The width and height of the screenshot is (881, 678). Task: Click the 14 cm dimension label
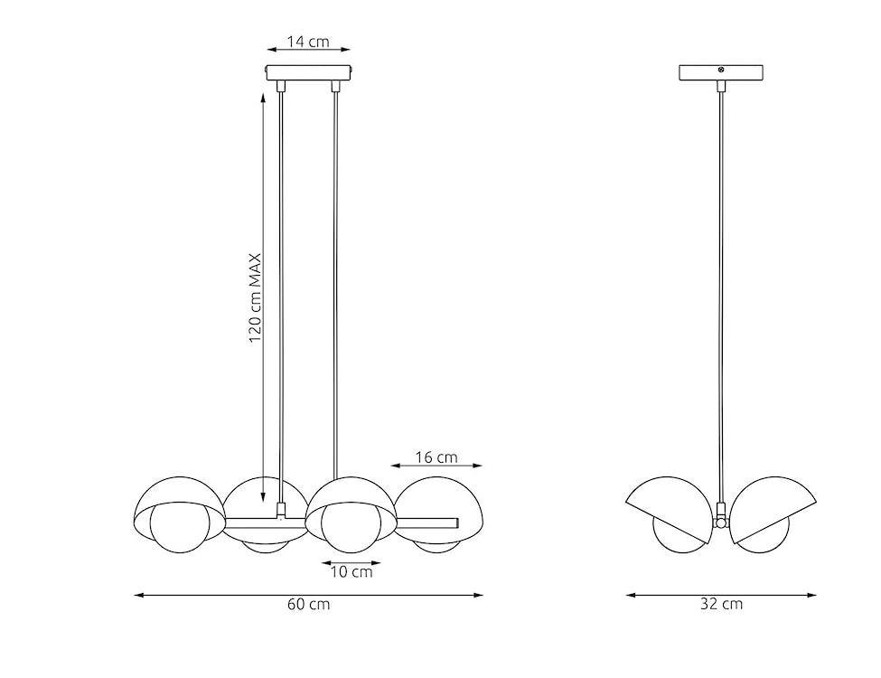(307, 42)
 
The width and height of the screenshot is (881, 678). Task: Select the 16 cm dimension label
(436, 457)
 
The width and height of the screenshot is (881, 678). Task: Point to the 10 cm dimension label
(351, 571)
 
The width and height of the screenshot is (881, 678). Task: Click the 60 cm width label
(308, 605)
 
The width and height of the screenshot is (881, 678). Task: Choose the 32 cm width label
(721, 604)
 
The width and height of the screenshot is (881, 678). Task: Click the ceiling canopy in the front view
(308, 72)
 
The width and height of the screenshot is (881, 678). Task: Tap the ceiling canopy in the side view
(720, 72)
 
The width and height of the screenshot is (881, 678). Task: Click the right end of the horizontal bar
(457, 523)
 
